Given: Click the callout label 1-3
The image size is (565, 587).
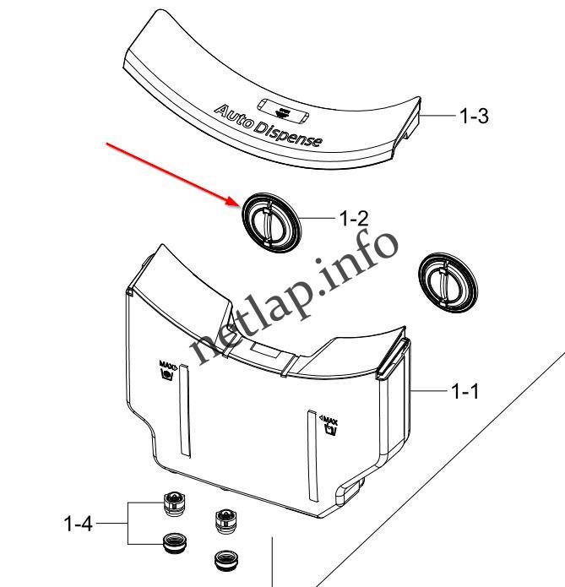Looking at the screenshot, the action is click(x=474, y=116).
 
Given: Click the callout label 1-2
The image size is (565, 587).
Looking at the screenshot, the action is click(x=354, y=218).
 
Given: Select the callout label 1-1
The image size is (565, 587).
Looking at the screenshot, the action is click(x=464, y=392).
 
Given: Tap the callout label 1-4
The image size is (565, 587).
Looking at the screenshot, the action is click(x=79, y=524).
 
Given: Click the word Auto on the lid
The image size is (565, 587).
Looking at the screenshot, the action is click(x=233, y=116).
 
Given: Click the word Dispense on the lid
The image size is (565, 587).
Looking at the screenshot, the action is click(x=287, y=134).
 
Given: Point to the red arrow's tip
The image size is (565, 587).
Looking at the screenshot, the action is click(x=240, y=204).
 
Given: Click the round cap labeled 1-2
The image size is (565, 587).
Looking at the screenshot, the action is click(x=271, y=223).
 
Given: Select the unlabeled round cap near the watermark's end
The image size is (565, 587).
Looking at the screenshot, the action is click(x=448, y=283).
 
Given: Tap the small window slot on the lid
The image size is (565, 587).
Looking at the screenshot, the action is click(x=283, y=111).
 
